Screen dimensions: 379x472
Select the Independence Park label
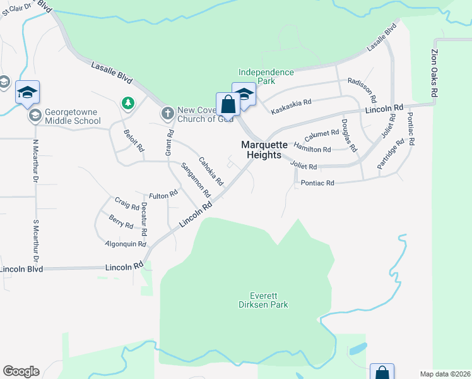click(x=266, y=76)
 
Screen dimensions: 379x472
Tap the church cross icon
click(x=167, y=114)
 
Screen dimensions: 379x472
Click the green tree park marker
click(x=127, y=102)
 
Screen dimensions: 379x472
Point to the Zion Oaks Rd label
click(x=434, y=73)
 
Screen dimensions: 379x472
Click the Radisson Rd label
click(x=362, y=90)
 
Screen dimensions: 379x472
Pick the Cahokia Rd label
click(x=211, y=171)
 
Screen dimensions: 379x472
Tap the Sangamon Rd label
click(x=195, y=181)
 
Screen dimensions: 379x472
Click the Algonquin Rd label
click(x=126, y=244)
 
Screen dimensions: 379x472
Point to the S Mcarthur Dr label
click(x=36, y=241)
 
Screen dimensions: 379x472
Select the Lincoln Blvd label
click(x=21, y=269)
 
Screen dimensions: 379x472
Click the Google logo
click(x=21, y=371)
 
